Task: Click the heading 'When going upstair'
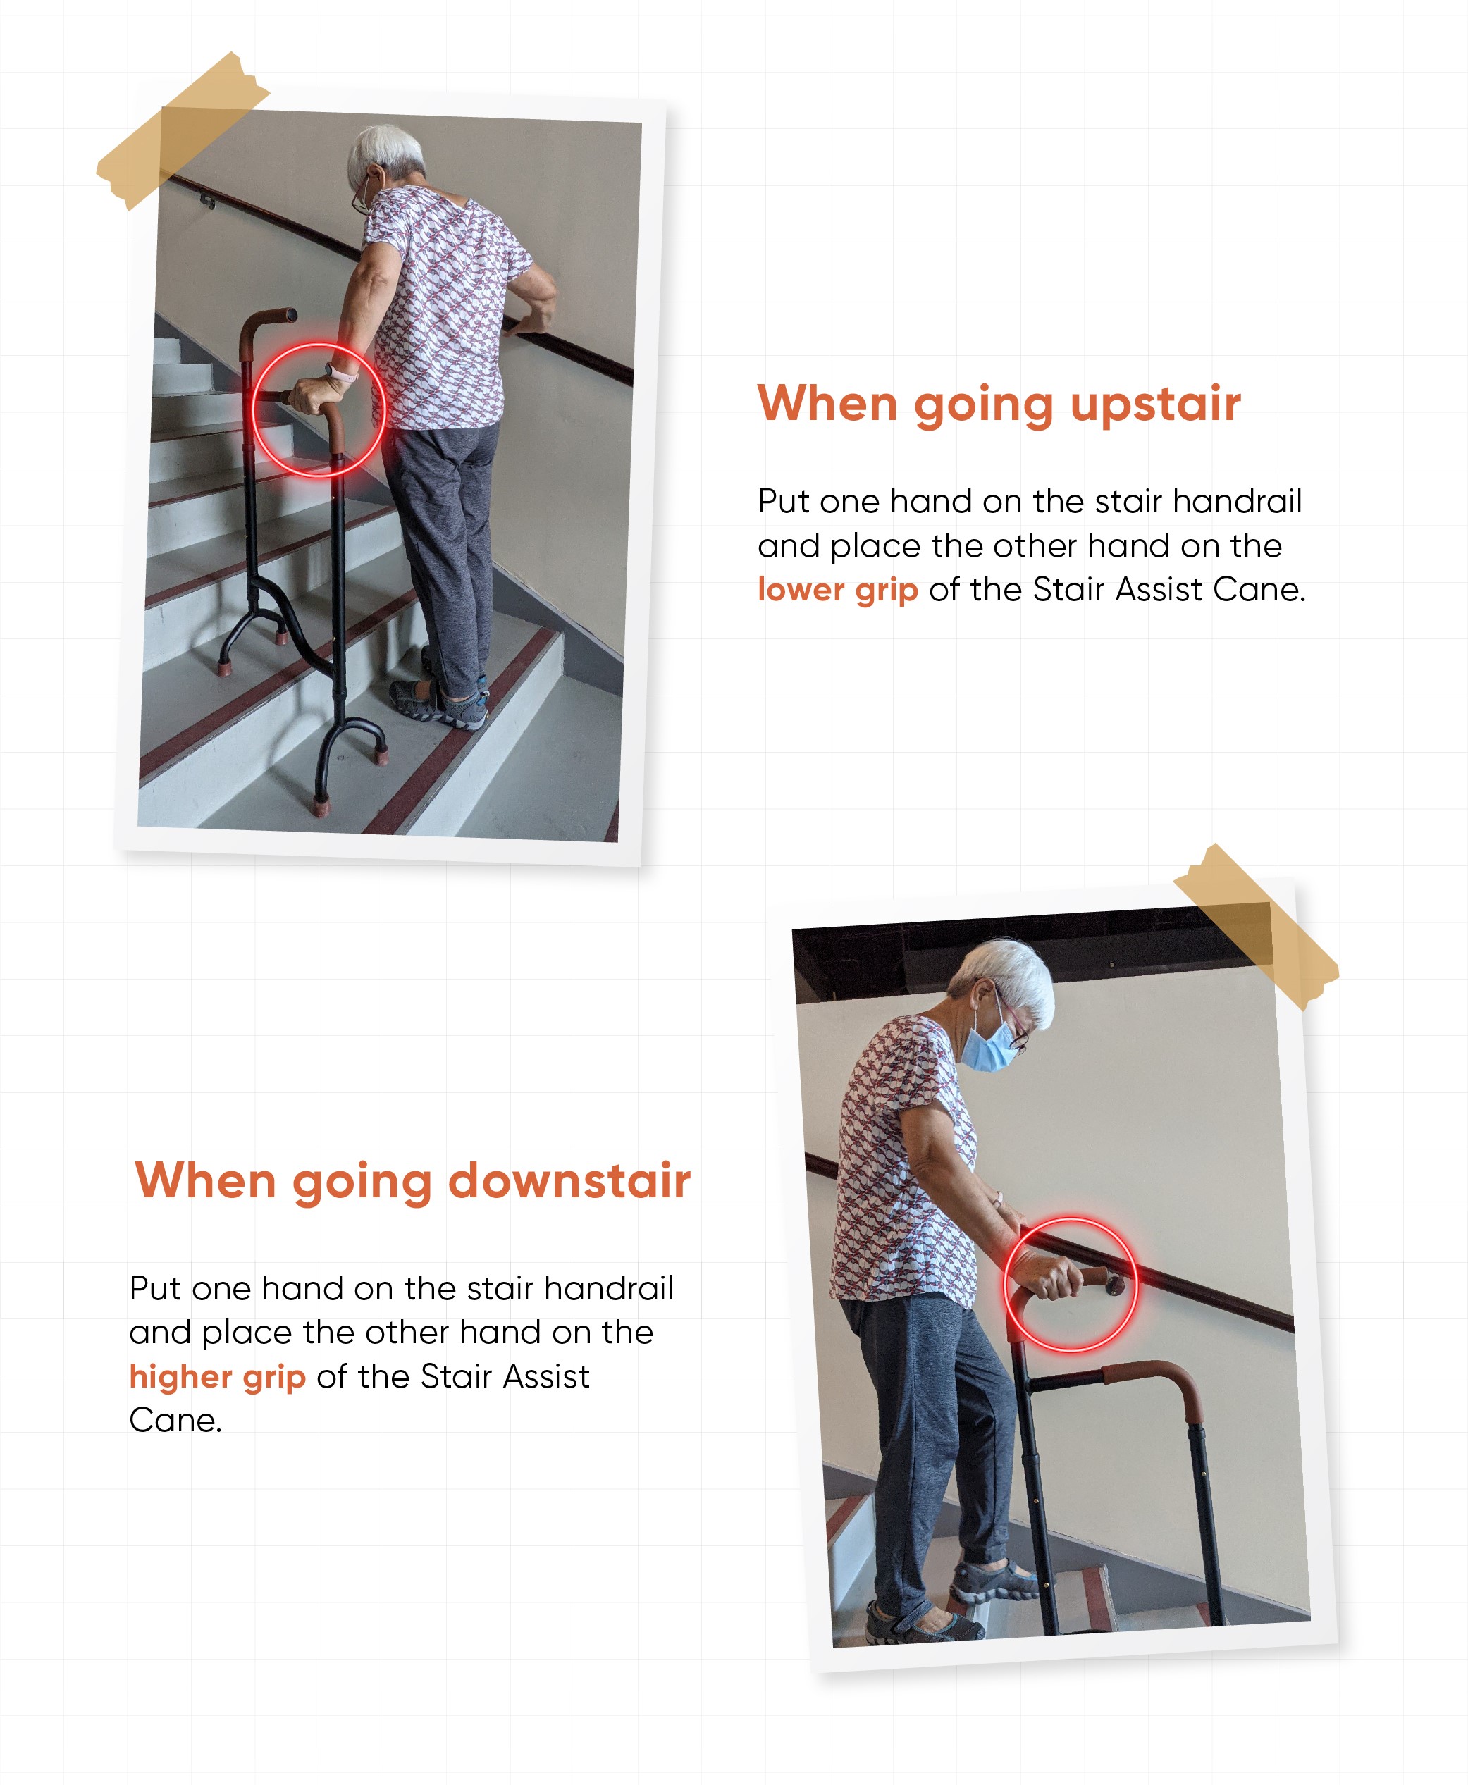click(x=999, y=405)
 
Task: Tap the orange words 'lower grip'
click(x=837, y=591)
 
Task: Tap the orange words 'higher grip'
click(x=217, y=1376)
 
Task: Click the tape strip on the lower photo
click(x=1257, y=926)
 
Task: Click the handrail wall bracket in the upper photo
click(x=206, y=199)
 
